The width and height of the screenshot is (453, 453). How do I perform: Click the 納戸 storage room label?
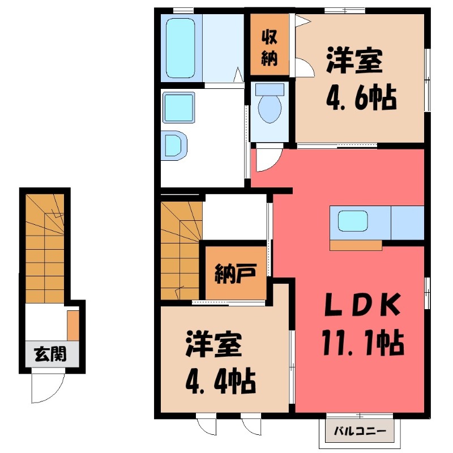(233, 273)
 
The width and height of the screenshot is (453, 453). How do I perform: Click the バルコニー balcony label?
(360, 431)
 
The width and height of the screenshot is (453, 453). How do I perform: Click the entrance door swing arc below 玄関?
(46, 386)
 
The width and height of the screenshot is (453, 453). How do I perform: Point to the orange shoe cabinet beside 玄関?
(73, 325)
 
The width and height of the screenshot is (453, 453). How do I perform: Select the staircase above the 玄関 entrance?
(45, 249)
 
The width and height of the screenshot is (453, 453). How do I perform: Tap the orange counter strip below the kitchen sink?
(357, 245)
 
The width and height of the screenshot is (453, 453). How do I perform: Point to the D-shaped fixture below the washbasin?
(174, 144)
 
